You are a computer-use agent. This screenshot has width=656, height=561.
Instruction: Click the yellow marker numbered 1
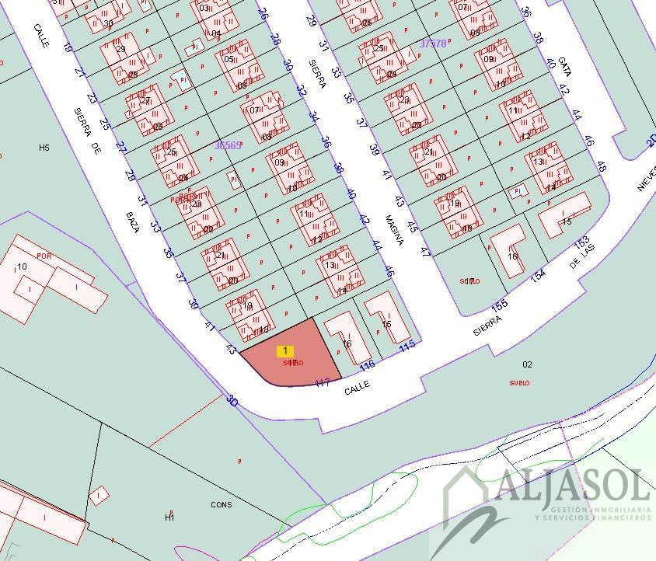(285, 352)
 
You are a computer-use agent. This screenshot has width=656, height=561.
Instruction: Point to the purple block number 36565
(228, 145)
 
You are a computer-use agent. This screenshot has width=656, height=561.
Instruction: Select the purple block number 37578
(433, 44)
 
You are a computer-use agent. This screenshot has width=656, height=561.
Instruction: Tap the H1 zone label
(169, 517)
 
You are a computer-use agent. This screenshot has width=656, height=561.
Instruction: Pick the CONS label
(222, 505)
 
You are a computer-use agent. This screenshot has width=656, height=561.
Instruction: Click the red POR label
(44, 255)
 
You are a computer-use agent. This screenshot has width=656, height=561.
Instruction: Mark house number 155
(500, 305)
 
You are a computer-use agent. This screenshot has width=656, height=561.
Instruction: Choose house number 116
(368, 364)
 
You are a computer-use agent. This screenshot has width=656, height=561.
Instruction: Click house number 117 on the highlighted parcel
(323, 382)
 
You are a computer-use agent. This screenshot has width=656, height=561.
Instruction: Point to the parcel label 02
(527, 364)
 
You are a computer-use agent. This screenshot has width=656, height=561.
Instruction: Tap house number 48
(601, 166)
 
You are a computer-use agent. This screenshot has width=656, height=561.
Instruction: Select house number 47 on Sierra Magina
(425, 252)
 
